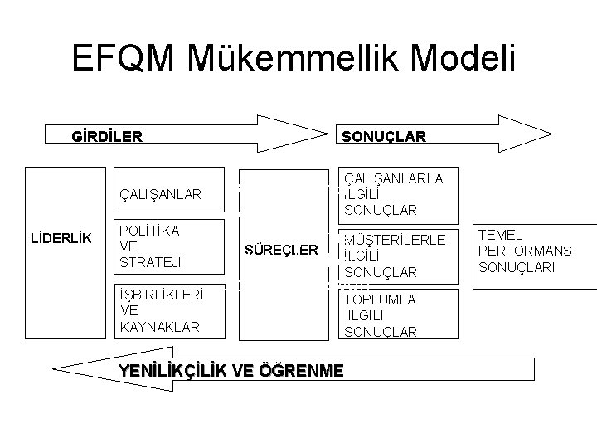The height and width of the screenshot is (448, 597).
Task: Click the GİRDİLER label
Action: point(106,134)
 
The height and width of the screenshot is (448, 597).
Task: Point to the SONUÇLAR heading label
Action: point(379,135)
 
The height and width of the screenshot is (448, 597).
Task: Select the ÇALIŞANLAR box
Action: point(170,193)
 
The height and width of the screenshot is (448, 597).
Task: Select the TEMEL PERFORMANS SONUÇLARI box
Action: point(534,252)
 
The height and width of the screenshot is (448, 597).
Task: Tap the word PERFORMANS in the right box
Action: point(526,251)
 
